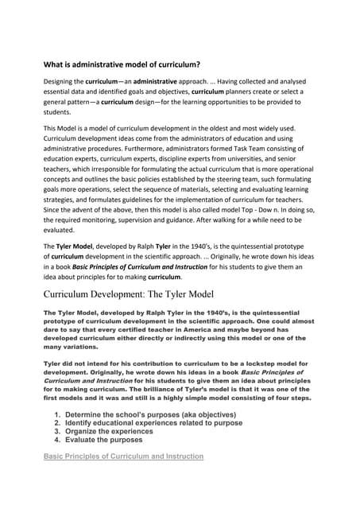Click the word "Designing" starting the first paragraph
60,82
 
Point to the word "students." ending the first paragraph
60,114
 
